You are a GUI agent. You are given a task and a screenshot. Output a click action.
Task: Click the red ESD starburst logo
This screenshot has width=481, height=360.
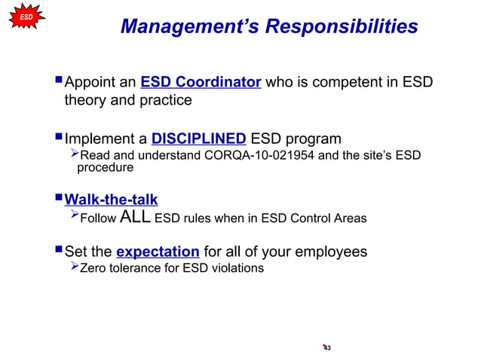coord(25,16)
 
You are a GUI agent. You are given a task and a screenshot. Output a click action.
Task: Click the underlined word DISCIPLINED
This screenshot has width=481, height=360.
coord(198,139)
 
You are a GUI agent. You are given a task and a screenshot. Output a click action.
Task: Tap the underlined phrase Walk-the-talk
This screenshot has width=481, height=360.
coord(111,200)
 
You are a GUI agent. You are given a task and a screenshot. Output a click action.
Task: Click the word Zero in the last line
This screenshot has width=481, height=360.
coord(93,267)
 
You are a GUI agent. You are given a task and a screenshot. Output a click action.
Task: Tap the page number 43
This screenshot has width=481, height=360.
coord(327,347)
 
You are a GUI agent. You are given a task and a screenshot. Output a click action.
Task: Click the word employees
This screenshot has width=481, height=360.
coord(332,251)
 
